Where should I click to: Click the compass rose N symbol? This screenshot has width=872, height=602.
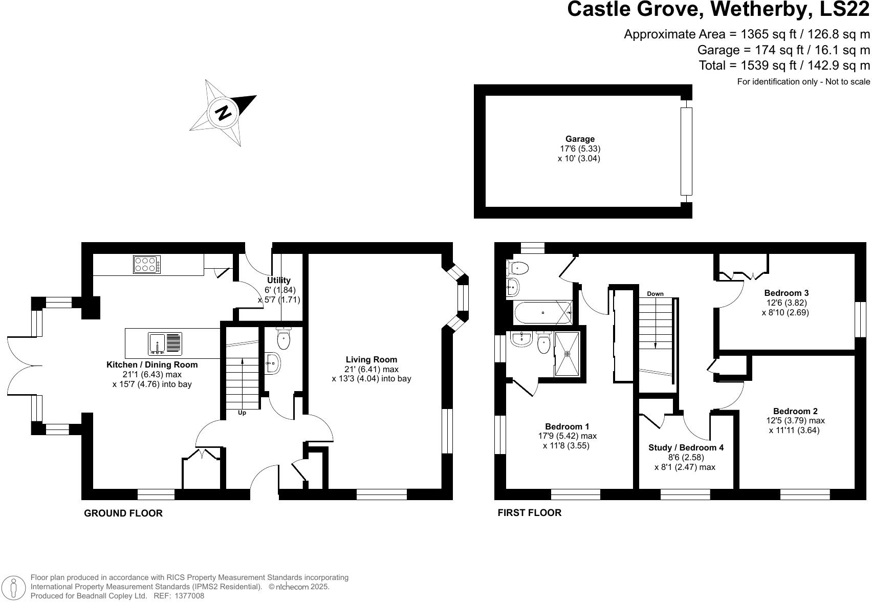223,113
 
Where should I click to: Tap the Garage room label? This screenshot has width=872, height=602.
580,139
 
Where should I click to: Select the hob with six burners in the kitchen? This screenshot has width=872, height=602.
147,264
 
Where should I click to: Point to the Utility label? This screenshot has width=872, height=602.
278,280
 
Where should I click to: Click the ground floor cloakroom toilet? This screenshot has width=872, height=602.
284,338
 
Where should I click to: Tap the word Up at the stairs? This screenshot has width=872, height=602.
242,413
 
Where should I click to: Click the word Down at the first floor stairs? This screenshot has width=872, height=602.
655,294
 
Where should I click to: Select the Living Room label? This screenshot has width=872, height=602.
371,359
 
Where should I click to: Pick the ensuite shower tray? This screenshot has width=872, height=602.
567,353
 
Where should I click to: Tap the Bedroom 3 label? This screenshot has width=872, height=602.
786,293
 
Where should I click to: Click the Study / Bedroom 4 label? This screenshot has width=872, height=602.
686,447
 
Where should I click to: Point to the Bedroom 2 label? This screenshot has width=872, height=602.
795,411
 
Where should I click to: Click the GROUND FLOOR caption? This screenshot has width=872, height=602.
123,513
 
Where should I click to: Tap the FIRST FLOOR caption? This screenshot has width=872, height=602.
529,512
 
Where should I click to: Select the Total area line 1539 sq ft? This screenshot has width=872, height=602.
784,66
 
